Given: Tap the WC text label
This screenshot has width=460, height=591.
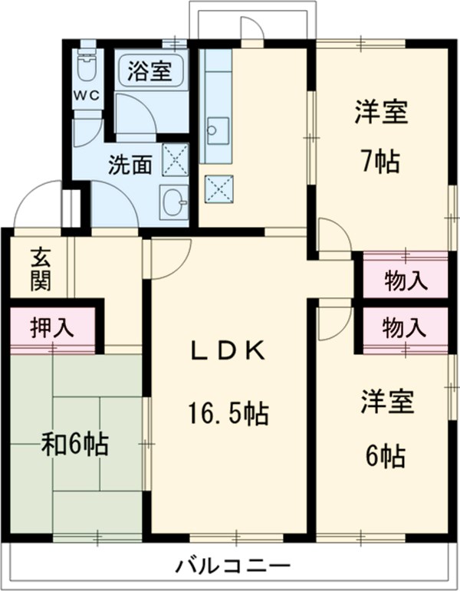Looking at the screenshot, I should (87, 95).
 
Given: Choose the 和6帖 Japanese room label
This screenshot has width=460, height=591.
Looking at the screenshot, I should (74, 443).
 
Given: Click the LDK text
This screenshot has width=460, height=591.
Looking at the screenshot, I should (228, 352).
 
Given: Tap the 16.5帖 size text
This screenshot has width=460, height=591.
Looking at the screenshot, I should (228, 414).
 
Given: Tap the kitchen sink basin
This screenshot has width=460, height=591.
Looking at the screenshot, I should (217, 131).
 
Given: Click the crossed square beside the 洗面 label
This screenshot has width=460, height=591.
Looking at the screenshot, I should (175, 160).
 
